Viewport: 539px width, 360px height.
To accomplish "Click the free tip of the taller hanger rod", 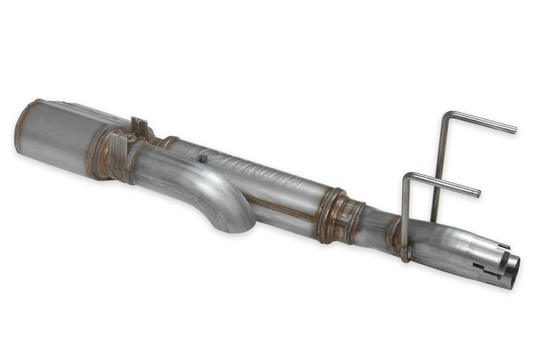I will pos(514,131).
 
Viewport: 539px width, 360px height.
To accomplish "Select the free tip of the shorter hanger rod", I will pos(478,193).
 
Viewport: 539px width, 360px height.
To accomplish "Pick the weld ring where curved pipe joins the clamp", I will pos(131,160).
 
